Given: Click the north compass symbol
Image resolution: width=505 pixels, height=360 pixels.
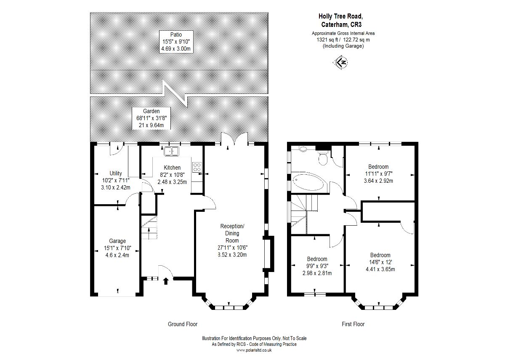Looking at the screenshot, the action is point(340,62).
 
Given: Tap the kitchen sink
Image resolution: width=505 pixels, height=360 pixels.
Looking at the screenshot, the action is point(171,151).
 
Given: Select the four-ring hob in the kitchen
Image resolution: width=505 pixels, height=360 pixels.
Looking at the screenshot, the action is point(197,168).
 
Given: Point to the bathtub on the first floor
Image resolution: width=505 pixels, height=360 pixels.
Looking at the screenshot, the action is point(309,182).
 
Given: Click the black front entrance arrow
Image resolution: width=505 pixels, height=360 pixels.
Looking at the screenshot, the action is point(166,281).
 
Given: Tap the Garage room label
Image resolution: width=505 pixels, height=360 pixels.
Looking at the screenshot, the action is point(117,241).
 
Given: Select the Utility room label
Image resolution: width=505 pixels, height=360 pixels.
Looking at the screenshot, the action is point(116,173).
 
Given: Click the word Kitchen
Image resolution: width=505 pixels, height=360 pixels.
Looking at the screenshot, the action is point(172,168).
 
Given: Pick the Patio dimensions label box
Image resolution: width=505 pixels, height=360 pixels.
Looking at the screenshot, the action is point(176,42).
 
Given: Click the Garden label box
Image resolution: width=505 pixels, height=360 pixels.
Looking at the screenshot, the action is point(151,118).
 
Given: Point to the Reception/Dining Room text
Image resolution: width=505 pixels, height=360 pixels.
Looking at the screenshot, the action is point(232,233).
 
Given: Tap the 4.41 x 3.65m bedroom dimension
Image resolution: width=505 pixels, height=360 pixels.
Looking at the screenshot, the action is point(380,269).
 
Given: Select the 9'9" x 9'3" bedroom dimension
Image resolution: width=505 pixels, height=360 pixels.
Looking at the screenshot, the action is point(317,266).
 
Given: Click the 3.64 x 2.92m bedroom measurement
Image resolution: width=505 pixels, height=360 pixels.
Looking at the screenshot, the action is point(378,181).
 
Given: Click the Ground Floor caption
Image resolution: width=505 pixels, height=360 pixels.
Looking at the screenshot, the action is point(183,324).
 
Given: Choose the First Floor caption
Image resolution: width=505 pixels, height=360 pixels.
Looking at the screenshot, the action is point(353,324).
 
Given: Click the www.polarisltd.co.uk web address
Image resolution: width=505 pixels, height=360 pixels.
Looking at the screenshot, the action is point(254,350).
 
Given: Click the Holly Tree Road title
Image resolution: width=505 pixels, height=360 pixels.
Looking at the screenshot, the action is point(340,16).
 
